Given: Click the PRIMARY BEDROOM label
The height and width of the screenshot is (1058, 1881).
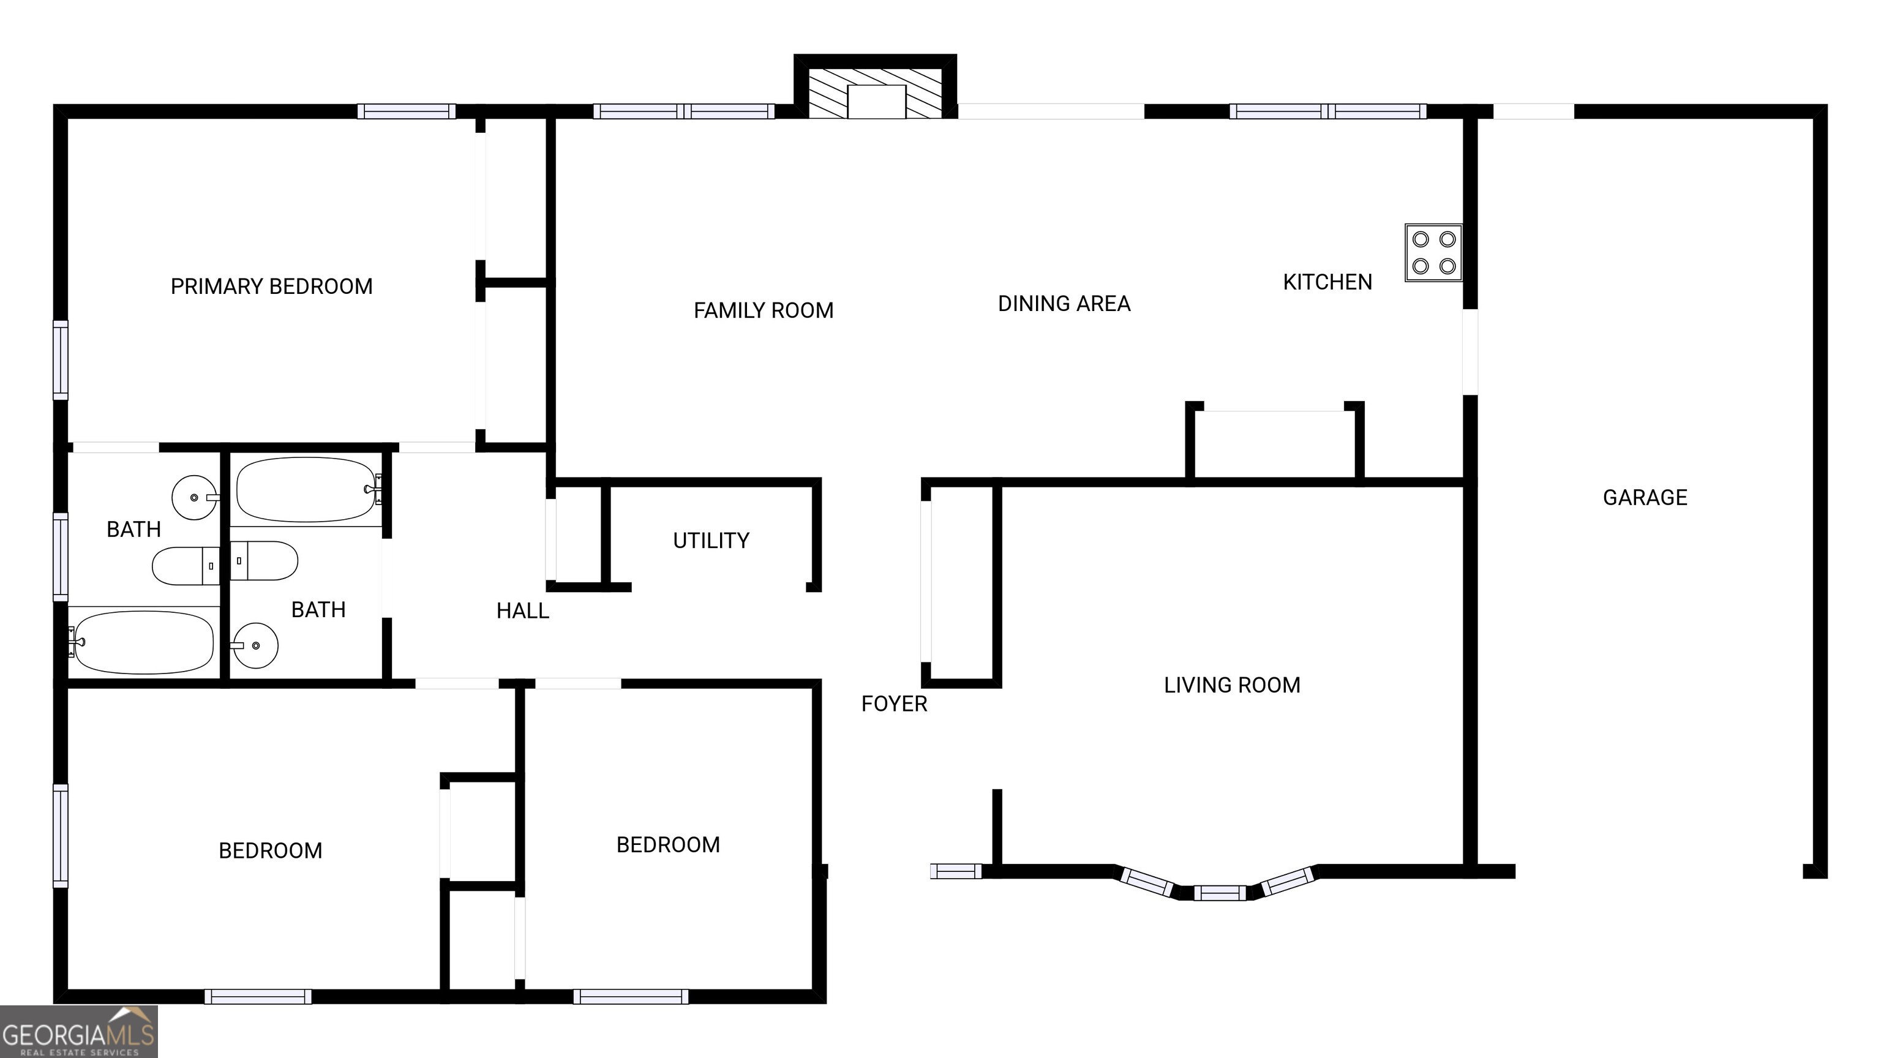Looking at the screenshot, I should click(x=272, y=286).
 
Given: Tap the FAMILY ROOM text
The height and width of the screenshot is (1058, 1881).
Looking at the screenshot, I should click(x=763, y=310).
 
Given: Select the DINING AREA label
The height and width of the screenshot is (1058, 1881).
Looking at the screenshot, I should click(x=1064, y=304).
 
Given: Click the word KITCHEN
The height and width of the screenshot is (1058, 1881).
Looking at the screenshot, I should click(x=1327, y=282).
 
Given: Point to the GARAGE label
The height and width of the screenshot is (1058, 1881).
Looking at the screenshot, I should click(x=1645, y=498).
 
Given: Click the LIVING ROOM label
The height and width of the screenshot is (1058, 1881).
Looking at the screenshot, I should click(x=1232, y=685).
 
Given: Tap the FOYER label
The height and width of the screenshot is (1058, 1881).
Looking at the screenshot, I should click(x=894, y=704).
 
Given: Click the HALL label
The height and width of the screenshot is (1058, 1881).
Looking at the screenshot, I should click(x=522, y=611).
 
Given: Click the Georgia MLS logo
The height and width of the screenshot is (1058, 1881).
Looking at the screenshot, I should click(x=79, y=1032).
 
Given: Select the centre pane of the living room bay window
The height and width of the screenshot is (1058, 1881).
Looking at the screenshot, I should click(x=1220, y=892).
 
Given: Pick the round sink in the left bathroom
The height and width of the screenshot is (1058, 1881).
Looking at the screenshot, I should click(x=193, y=497).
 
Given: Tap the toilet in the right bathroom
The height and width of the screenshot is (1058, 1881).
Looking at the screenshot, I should click(x=265, y=561).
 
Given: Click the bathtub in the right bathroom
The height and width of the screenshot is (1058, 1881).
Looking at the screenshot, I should click(x=307, y=489).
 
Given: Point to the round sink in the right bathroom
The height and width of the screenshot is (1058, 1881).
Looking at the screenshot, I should click(x=255, y=645).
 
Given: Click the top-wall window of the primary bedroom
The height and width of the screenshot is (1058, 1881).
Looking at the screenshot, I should click(x=406, y=111).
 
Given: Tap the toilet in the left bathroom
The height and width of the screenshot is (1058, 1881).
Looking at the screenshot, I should click(x=186, y=566).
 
